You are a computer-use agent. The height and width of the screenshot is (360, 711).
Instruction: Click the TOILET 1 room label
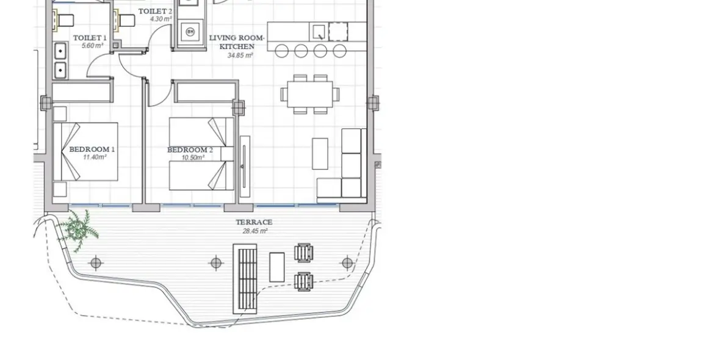click(90, 38)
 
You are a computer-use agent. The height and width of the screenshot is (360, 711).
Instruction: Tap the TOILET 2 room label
click(155, 12)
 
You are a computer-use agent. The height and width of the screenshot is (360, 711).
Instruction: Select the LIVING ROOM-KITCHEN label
click(237, 42)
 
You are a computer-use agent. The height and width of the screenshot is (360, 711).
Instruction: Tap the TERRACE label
click(254, 222)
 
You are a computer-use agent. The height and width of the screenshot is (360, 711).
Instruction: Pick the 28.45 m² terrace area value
click(254, 231)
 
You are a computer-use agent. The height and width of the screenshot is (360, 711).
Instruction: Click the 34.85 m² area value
click(240, 56)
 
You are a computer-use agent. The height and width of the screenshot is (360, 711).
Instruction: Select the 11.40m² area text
click(95, 157)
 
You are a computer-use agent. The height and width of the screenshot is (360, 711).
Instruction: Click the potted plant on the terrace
click(78, 229)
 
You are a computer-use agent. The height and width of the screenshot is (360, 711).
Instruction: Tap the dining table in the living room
click(309, 94)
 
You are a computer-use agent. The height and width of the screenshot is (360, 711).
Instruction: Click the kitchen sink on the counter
click(319, 31)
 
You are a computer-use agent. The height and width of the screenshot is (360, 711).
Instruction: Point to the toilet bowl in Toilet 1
click(63, 21)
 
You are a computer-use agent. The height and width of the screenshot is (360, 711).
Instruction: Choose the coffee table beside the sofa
click(320, 154)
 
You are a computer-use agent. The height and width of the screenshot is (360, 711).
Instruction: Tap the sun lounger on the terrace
click(245, 278)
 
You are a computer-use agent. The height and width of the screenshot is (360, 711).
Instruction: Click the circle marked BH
click(190, 31)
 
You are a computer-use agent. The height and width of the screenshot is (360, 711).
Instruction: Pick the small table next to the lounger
click(276, 267)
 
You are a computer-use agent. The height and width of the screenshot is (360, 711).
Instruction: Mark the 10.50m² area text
click(192, 157)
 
